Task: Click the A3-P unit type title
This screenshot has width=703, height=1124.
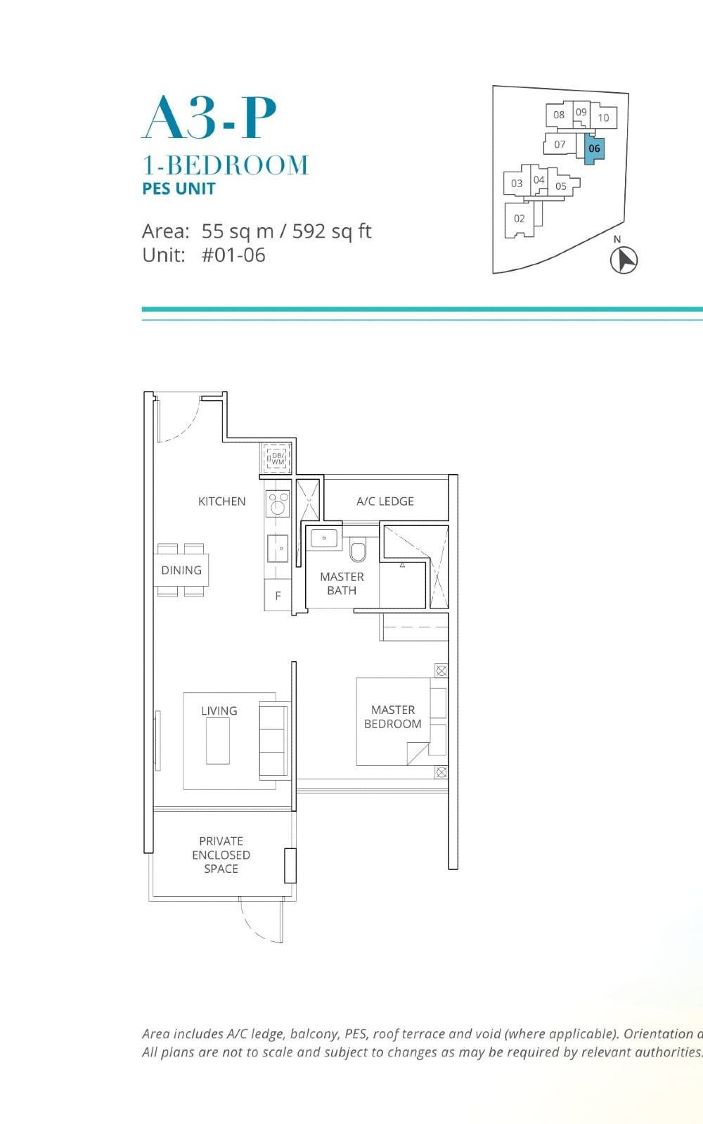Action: pyautogui.click(x=209, y=118)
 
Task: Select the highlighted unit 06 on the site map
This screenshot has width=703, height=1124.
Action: pyautogui.click(x=594, y=149)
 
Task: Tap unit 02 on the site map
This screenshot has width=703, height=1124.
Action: pyautogui.click(x=519, y=219)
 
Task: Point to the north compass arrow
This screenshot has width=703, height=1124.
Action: pyautogui.click(x=623, y=260)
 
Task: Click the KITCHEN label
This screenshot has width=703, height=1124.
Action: pyautogui.click(x=221, y=502)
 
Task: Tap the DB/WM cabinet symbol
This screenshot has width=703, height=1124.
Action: pyautogui.click(x=277, y=458)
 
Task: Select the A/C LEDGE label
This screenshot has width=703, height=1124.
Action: pyautogui.click(x=385, y=502)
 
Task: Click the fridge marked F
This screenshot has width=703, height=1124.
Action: pyautogui.click(x=278, y=596)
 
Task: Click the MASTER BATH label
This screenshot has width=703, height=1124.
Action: pyautogui.click(x=342, y=583)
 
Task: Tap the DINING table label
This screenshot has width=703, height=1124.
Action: pyautogui.click(x=181, y=570)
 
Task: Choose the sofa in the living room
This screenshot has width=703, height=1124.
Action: pyautogui.click(x=273, y=739)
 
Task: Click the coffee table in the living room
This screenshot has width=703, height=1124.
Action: pyautogui.click(x=217, y=740)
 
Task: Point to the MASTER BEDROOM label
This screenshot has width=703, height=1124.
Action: pyautogui.click(x=392, y=717)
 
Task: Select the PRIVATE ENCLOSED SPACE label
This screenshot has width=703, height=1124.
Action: pyautogui.click(x=221, y=855)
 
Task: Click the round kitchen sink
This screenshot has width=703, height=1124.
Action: pyautogui.click(x=278, y=504)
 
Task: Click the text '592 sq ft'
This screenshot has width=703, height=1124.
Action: pyautogui.click(x=332, y=231)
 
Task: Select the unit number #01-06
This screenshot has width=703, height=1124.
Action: pyautogui.click(x=233, y=255)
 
